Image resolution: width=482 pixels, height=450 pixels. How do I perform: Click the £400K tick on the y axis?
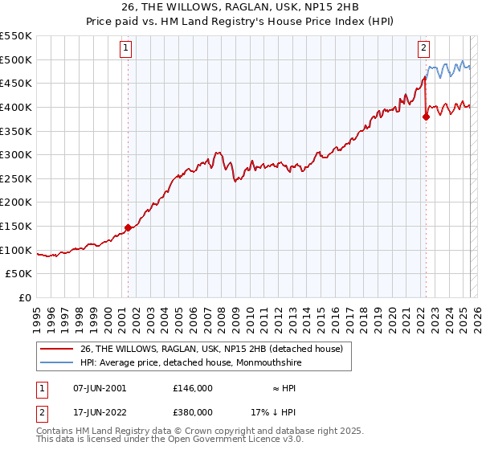pos(16,107)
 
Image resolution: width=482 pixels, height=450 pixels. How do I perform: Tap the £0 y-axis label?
pos(26,298)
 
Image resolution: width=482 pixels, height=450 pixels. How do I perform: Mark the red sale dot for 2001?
pos(128,228)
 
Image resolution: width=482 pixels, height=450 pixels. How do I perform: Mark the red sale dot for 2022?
pos(426,117)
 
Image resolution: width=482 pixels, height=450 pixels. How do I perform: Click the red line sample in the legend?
pos(56,349)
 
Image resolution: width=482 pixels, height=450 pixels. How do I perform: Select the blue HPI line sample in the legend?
pos(56,362)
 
